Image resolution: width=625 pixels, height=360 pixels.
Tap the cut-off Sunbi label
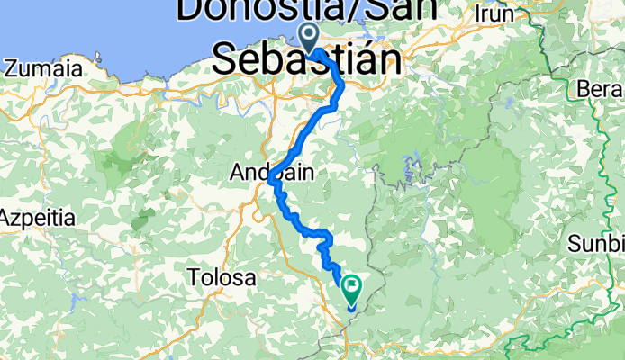pos(597,244)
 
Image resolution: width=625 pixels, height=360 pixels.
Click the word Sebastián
pos(307,61)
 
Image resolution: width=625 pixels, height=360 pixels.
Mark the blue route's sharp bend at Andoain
pos(270,182)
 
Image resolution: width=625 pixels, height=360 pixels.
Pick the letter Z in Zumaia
pos(10,68)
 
